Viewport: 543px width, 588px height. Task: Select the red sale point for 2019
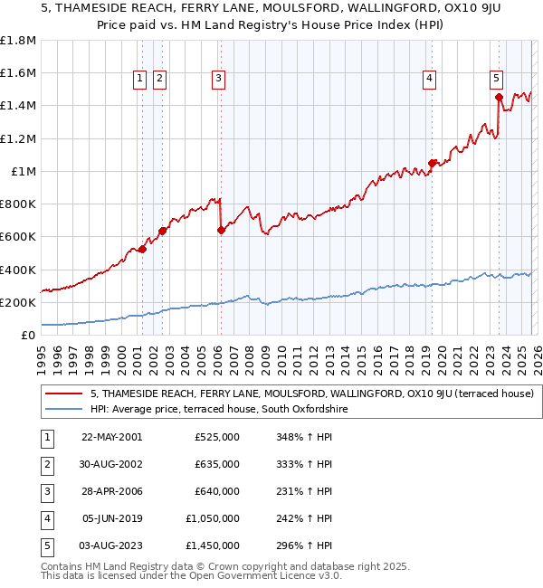(432, 163)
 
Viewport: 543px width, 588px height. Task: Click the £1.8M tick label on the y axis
(18, 41)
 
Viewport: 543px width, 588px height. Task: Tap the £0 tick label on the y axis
(29, 335)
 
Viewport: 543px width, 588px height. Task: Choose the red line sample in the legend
(64, 394)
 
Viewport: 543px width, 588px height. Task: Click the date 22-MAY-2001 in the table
(111, 437)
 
